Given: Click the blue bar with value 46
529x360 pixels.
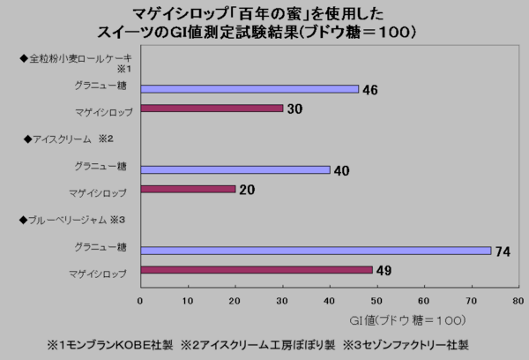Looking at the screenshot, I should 250,88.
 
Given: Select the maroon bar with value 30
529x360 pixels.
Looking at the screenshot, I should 212,109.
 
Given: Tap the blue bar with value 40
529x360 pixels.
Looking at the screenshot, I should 235,169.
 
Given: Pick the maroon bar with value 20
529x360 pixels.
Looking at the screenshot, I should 188,189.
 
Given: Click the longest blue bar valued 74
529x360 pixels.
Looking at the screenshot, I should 316,251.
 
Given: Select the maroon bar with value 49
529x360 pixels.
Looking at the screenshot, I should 257,270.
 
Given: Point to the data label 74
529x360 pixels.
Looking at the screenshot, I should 503,252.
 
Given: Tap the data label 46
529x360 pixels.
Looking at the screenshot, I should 370,89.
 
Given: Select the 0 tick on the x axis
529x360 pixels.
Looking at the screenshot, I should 140,301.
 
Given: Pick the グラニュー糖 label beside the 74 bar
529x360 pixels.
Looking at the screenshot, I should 101,250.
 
